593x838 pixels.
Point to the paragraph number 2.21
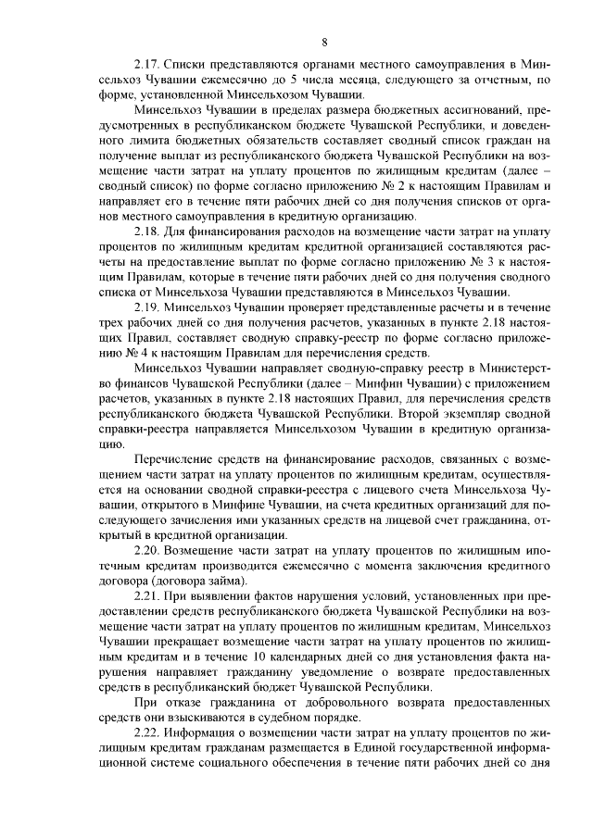(x=148, y=597)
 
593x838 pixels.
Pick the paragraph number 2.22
(x=148, y=735)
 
